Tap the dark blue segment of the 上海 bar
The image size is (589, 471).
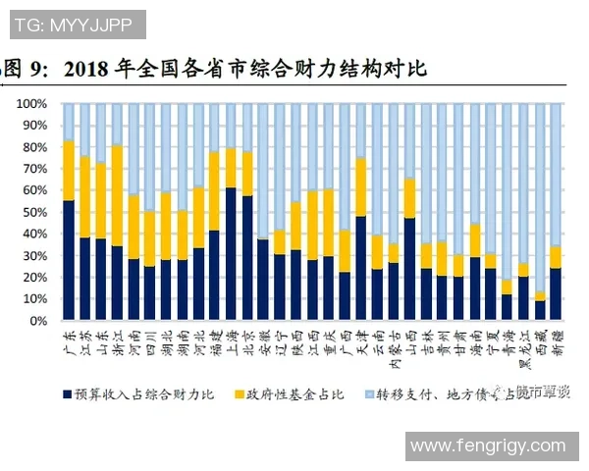coord(231,254)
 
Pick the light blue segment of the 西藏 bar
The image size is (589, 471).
coord(539,196)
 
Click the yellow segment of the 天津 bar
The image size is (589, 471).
coord(360,186)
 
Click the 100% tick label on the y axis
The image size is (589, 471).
coord(30,104)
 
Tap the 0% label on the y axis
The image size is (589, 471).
coord(37,321)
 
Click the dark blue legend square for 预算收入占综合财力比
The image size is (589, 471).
coord(68,392)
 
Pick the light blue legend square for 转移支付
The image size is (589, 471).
coord(369,392)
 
